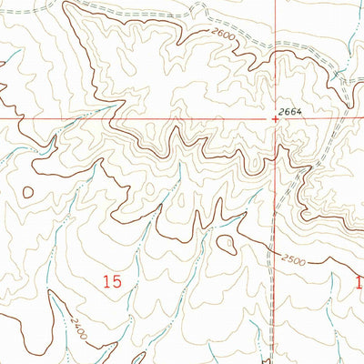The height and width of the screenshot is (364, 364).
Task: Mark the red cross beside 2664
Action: click(x=275, y=117)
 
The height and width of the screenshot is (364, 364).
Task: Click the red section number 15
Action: click(x=113, y=283)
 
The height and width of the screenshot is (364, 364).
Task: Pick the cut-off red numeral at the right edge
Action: click(x=359, y=283)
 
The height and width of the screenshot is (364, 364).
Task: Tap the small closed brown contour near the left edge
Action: click(x=29, y=193)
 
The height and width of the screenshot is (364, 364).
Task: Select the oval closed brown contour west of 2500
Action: click(x=226, y=242)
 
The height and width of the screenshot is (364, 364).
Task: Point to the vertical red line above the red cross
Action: click(x=275, y=55)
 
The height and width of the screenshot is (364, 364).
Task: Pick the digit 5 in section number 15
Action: click(x=118, y=283)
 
